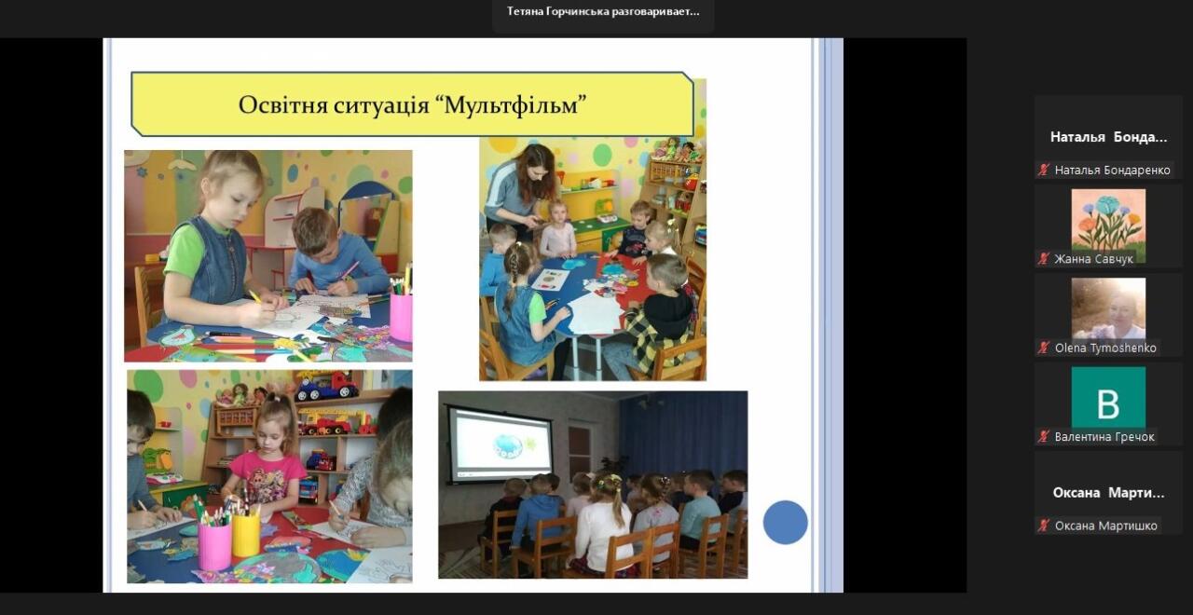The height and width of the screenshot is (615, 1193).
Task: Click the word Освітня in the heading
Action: coord(282,105)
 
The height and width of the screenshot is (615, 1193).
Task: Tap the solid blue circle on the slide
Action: coord(785,523)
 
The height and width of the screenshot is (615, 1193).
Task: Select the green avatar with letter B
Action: coord(1108,397)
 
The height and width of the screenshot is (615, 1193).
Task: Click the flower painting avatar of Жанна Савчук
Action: coord(1108,226)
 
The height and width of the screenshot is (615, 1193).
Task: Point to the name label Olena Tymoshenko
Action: coord(1105,348)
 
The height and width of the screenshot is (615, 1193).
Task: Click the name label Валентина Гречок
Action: coord(1104,437)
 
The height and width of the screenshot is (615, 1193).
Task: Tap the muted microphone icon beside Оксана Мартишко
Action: coord(1043,526)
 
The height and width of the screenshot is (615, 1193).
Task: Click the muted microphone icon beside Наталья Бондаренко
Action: coord(1043,170)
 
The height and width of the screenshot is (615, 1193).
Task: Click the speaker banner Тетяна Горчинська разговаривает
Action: coord(603,12)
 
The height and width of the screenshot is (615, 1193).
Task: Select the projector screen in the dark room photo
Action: coord(501,445)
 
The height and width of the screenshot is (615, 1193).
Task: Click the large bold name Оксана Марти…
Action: coord(1108,493)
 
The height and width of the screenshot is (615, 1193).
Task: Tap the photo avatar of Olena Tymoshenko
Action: coord(1108,308)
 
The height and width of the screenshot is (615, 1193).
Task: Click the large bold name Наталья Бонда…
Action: coord(1108,137)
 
